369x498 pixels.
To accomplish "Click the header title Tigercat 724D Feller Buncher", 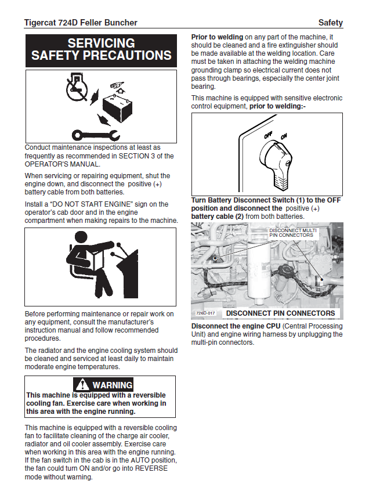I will [x=81, y=23].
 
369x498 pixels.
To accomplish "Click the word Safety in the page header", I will [x=331, y=23].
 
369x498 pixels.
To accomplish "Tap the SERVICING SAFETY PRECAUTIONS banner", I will [x=101, y=49].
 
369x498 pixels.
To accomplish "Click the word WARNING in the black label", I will [x=113, y=385].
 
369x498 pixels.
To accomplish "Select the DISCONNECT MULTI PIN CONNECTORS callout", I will [x=292, y=233].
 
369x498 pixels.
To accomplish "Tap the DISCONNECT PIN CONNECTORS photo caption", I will [x=280, y=313].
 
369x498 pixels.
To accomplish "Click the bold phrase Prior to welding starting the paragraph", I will [x=218, y=37].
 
